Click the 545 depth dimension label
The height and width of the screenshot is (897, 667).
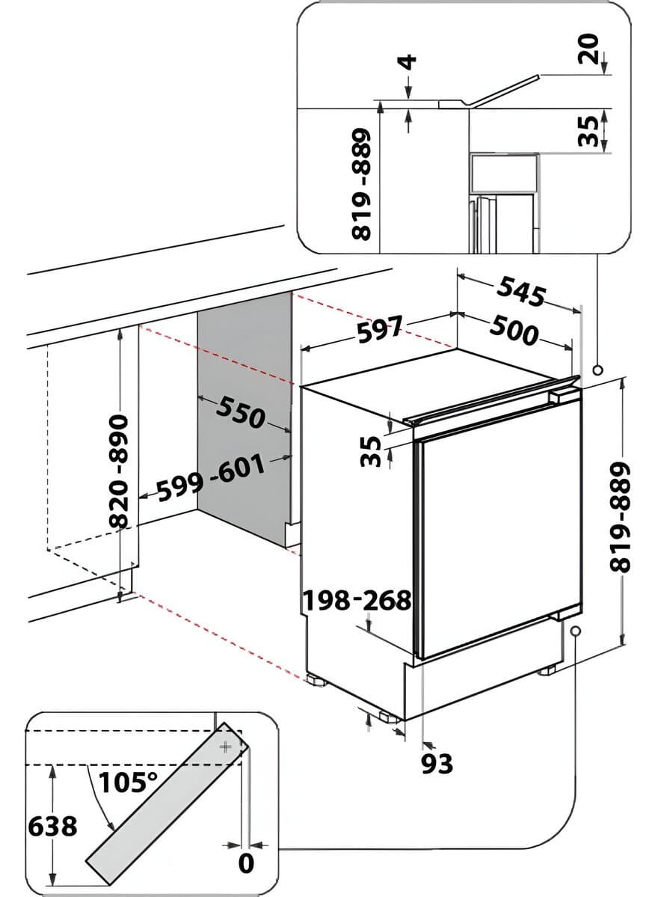520,291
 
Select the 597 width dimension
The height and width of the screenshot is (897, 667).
380,329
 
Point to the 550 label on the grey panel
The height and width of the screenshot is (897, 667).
241,412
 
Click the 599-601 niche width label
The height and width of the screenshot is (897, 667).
211,477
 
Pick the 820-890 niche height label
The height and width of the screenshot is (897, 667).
120,471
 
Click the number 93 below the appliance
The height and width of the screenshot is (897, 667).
437,763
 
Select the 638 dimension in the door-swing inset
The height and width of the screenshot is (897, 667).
52,826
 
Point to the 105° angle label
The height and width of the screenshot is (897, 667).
128,782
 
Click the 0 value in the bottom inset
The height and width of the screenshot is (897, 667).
246,863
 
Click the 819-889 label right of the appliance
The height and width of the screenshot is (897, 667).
620,517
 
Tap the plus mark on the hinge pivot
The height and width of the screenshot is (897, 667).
227,747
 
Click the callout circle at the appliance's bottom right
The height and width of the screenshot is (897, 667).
574,631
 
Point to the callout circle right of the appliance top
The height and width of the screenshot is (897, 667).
598,370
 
